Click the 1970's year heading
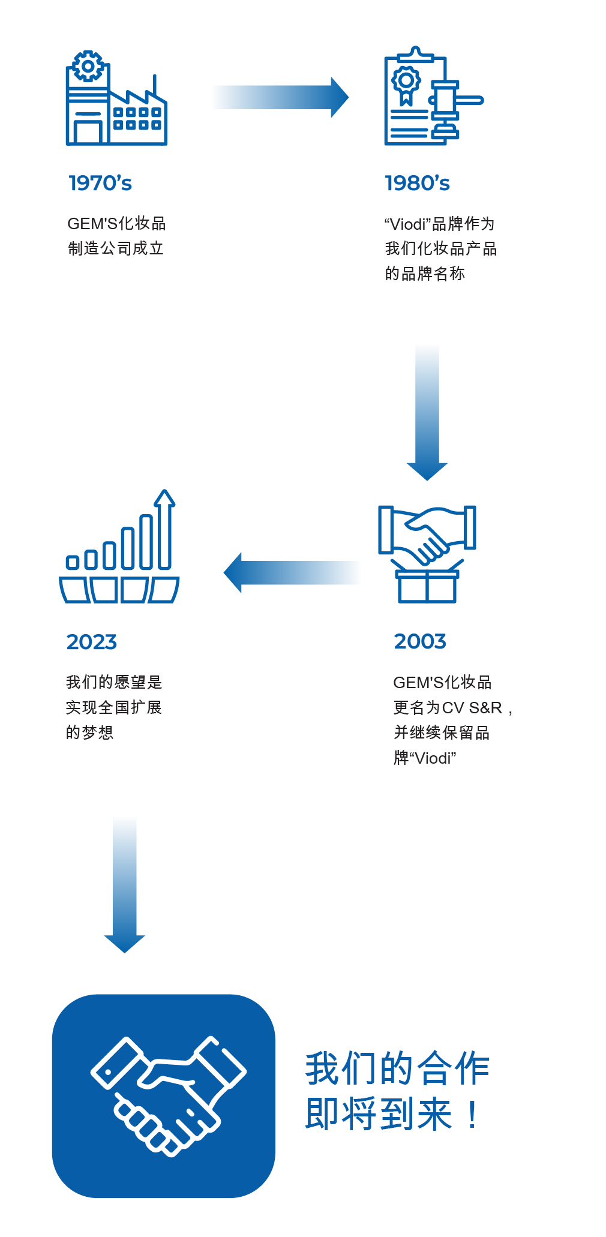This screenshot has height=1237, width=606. pyautogui.click(x=100, y=183)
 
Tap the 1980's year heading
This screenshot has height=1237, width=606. pyautogui.click(x=417, y=183)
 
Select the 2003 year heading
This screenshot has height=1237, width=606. pyautogui.click(x=420, y=641)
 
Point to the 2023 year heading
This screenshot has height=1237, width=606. pyautogui.click(x=91, y=642)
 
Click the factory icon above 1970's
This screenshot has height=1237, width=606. pyautogui.click(x=116, y=98)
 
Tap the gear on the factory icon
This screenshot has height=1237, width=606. pyautogui.click(x=88, y=66)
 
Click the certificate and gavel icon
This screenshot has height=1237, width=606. pyautogui.click(x=433, y=96)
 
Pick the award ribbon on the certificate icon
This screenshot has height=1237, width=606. pyautogui.click(x=406, y=85)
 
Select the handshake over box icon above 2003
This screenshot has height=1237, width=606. pyautogui.click(x=427, y=554)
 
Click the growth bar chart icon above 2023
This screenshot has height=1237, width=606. pyautogui.click(x=119, y=547)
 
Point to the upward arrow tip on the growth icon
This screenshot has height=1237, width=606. pyautogui.click(x=164, y=491)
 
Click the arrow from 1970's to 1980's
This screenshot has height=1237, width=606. pyautogui.click(x=281, y=97)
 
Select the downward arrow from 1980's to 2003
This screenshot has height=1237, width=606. pyautogui.click(x=427, y=413)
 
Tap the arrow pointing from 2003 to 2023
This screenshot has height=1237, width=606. pyautogui.click(x=292, y=573)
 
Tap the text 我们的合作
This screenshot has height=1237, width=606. pyautogui.click(x=397, y=1069)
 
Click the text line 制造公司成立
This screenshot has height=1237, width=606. pyautogui.click(x=116, y=248)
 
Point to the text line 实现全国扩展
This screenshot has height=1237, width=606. pyautogui.click(x=114, y=707)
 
